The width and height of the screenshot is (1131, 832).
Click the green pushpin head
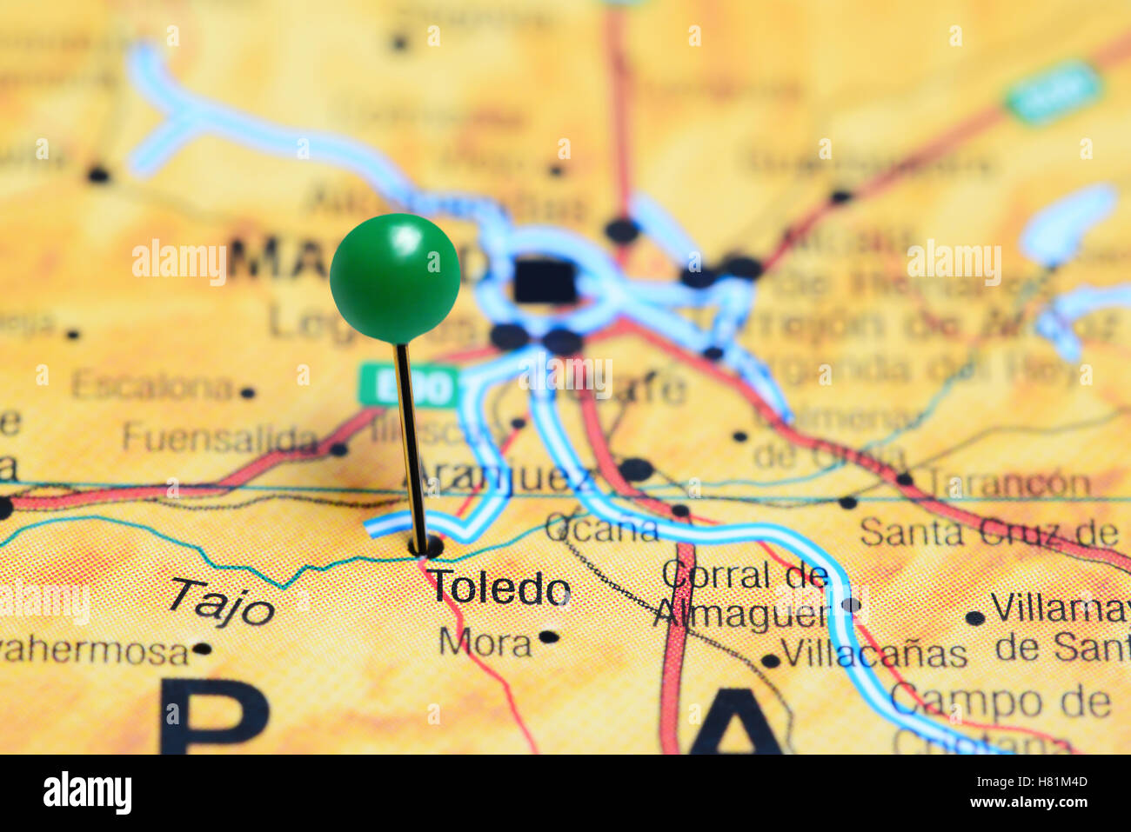(395, 277)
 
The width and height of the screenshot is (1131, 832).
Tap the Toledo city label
(499, 589)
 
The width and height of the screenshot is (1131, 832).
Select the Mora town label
(485, 642)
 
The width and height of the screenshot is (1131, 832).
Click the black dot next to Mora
(548, 636)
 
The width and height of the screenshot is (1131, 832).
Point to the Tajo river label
(221, 602)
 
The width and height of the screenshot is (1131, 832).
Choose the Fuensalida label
(220, 437)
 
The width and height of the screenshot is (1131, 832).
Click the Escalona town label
(151, 385)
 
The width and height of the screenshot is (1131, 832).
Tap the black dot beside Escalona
(248, 393)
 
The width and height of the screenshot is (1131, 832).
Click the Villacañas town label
(873, 653)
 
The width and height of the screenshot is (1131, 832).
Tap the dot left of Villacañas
(770, 661)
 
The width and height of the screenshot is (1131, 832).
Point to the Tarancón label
(1007, 483)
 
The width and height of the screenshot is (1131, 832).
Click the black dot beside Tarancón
(904, 479)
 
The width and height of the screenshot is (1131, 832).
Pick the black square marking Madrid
(544, 281)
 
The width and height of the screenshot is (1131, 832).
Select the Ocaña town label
(601, 526)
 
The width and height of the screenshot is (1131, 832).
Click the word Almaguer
(740, 614)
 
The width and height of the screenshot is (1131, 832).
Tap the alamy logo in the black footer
(87, 794)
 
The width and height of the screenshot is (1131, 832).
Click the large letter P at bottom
(213, 716)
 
